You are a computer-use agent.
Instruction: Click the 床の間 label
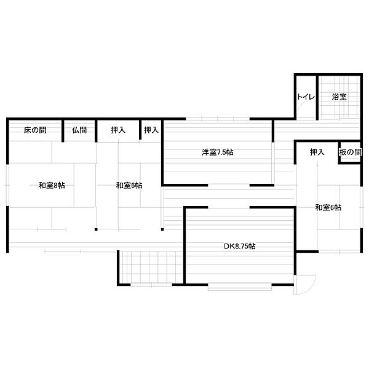(35, 130)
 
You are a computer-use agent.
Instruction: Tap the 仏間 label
(79, 130)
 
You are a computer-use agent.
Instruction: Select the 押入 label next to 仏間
(118, 130)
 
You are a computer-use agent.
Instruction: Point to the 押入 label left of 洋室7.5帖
(151, 130)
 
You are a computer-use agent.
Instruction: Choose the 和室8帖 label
(51, 185)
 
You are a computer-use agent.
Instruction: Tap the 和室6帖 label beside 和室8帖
(129, 185)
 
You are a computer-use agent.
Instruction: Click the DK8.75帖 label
(239, 246)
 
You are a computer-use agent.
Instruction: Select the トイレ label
(306, 97)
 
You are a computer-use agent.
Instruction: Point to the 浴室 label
(339, 97)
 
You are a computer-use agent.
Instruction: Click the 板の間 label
(349, 152)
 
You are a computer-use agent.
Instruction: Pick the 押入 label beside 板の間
(317, 152)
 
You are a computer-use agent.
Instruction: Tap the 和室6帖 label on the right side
(328, 207)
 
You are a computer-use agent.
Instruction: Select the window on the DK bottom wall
(240, 286)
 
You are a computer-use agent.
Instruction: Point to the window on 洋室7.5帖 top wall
(218, 117)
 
